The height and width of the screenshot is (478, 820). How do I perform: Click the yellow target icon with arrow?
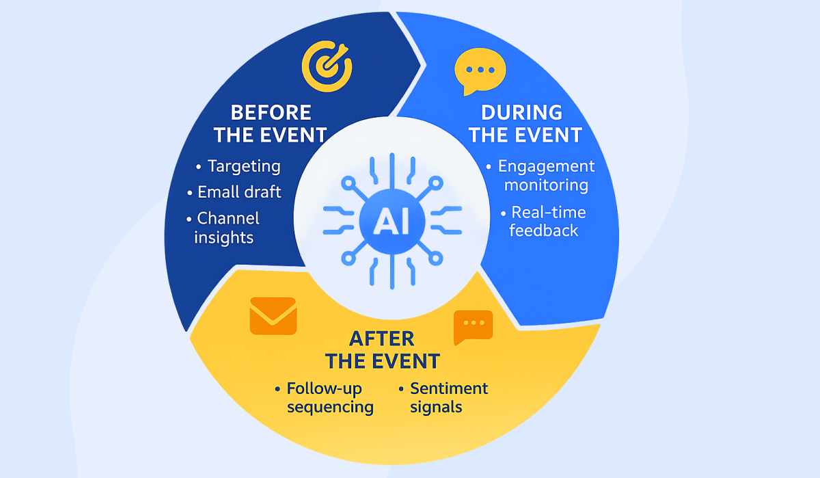coord(327,66)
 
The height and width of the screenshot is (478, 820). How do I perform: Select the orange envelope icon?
coord(273,316)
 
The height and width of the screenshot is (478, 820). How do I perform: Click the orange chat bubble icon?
coord(473,327)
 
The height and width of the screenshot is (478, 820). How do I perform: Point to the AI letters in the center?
coord(392,220)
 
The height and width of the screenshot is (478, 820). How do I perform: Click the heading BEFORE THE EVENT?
coord(271,124)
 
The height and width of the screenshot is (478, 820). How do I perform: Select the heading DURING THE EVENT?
coord(525,124)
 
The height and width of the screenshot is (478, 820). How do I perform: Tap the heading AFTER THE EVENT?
coord(382,349)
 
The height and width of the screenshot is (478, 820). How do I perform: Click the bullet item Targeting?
coord(243,166)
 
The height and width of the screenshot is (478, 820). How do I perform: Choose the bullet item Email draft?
coord(238,192)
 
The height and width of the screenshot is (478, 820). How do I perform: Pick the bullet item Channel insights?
coord(227,228)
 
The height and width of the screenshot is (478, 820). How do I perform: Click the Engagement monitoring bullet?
coord(545,176)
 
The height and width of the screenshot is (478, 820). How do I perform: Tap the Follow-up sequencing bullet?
coord(329,398)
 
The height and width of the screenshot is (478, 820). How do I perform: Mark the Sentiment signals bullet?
coord(448,398)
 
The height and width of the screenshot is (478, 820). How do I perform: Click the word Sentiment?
coord(449,388)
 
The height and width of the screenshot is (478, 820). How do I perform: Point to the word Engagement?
coord(546,166)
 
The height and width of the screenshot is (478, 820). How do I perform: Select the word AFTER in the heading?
coord(382,338)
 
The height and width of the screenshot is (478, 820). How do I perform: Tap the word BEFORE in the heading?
coord(271,112)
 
